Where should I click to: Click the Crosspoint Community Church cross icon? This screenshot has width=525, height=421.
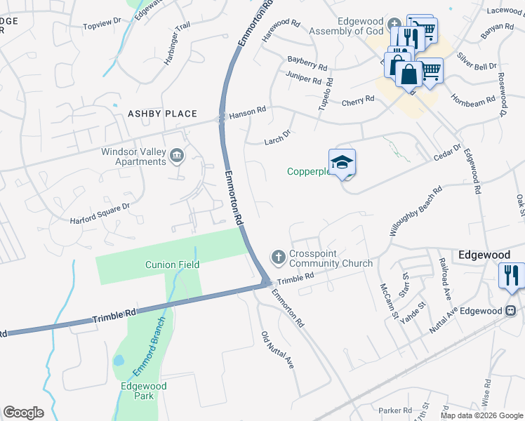(x=278, y=257)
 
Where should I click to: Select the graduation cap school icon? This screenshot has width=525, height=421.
(x=342, y=163)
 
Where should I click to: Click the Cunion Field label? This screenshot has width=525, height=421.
(x=173, y=265)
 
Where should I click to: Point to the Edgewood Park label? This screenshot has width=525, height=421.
(x=144, y=391)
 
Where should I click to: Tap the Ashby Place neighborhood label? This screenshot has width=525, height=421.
(x=162, y=114)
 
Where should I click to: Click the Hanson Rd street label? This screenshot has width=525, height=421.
(x=248, y=110)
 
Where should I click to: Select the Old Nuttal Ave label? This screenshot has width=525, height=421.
(x=277, y=350)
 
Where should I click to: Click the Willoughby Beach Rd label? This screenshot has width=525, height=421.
(x=417, y=210)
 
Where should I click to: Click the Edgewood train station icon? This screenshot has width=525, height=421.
(x=512, y=310)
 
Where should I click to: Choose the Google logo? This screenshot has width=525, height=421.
(x=23, y=413)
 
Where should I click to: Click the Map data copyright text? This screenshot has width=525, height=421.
(x=482, y=415)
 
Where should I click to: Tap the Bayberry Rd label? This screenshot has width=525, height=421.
(x=307, y=64)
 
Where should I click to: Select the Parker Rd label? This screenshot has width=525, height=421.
(x=394, y=410)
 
